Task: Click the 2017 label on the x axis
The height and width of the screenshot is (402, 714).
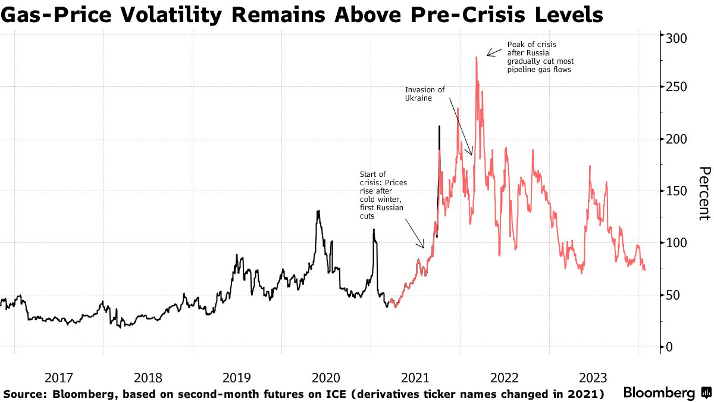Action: tap(58, 378)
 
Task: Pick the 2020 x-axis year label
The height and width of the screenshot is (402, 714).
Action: tap(325, 378)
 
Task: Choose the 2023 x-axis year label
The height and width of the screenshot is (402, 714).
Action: tap(593, 378)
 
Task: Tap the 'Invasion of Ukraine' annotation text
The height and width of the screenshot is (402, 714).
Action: tap(425, 94)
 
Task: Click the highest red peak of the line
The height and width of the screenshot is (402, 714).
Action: tap(477, 58)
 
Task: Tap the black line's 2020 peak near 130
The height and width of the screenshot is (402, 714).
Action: tap(319, 211)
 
